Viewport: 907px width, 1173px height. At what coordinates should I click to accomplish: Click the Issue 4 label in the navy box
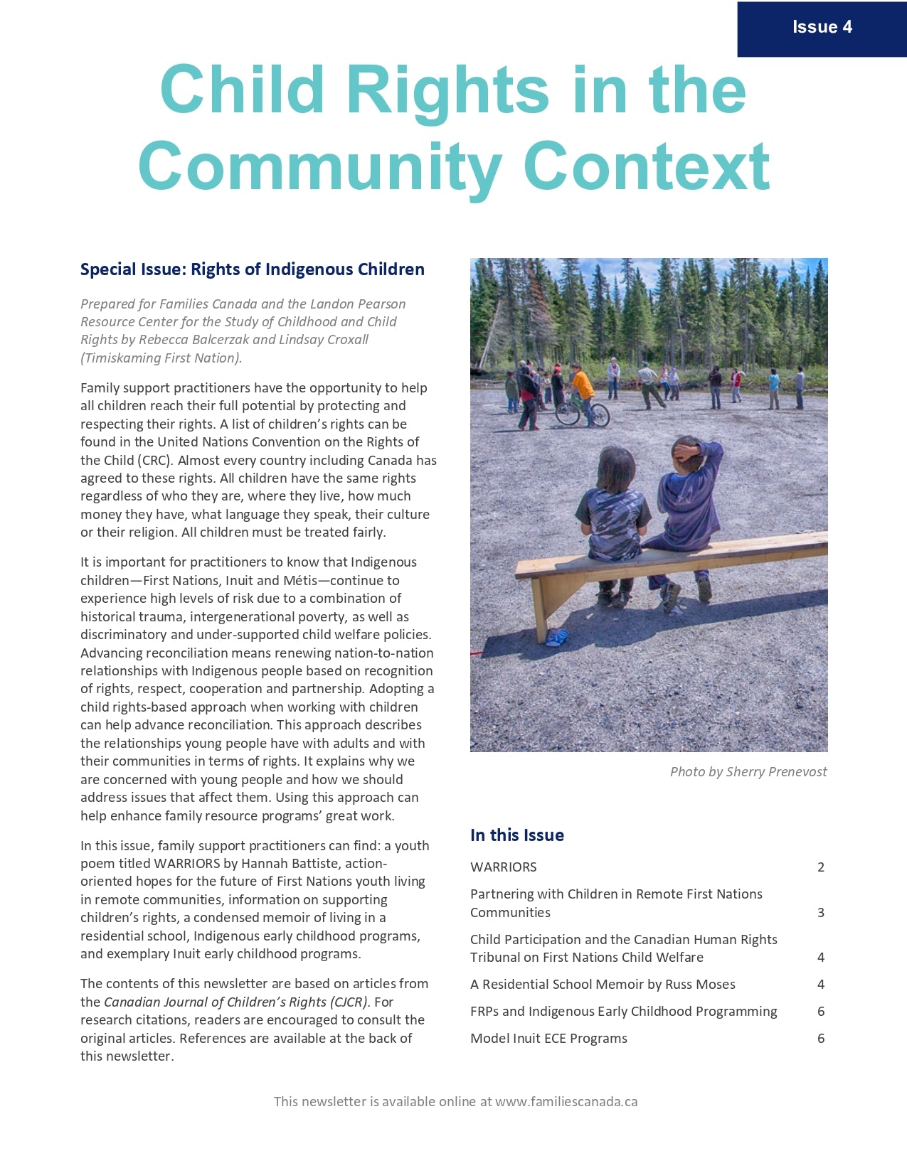click(x=822, y=27)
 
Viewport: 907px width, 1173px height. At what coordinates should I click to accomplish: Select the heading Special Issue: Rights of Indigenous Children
click(x=252, y=269)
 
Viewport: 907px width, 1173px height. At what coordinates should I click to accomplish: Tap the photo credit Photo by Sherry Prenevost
click(x=748, y=771)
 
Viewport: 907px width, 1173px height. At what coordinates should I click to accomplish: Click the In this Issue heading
click(x=516, y=835)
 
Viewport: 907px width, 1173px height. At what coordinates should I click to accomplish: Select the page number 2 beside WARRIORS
click(x=821, y=867)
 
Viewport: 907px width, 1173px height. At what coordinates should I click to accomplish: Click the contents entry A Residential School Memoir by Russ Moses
click(x=603, y=984)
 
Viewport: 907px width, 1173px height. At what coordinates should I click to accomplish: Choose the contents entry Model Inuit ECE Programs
click(x=548, y=1038)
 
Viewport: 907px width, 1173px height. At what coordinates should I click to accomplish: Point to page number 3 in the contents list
click(x=821, y=912)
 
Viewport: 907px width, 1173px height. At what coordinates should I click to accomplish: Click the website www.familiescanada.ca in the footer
click(x=566, y=1101)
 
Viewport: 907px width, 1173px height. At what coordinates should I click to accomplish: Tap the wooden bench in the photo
click(x=669, y=562)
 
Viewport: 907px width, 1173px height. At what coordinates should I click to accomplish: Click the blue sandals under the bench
click(x=557, y=637)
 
